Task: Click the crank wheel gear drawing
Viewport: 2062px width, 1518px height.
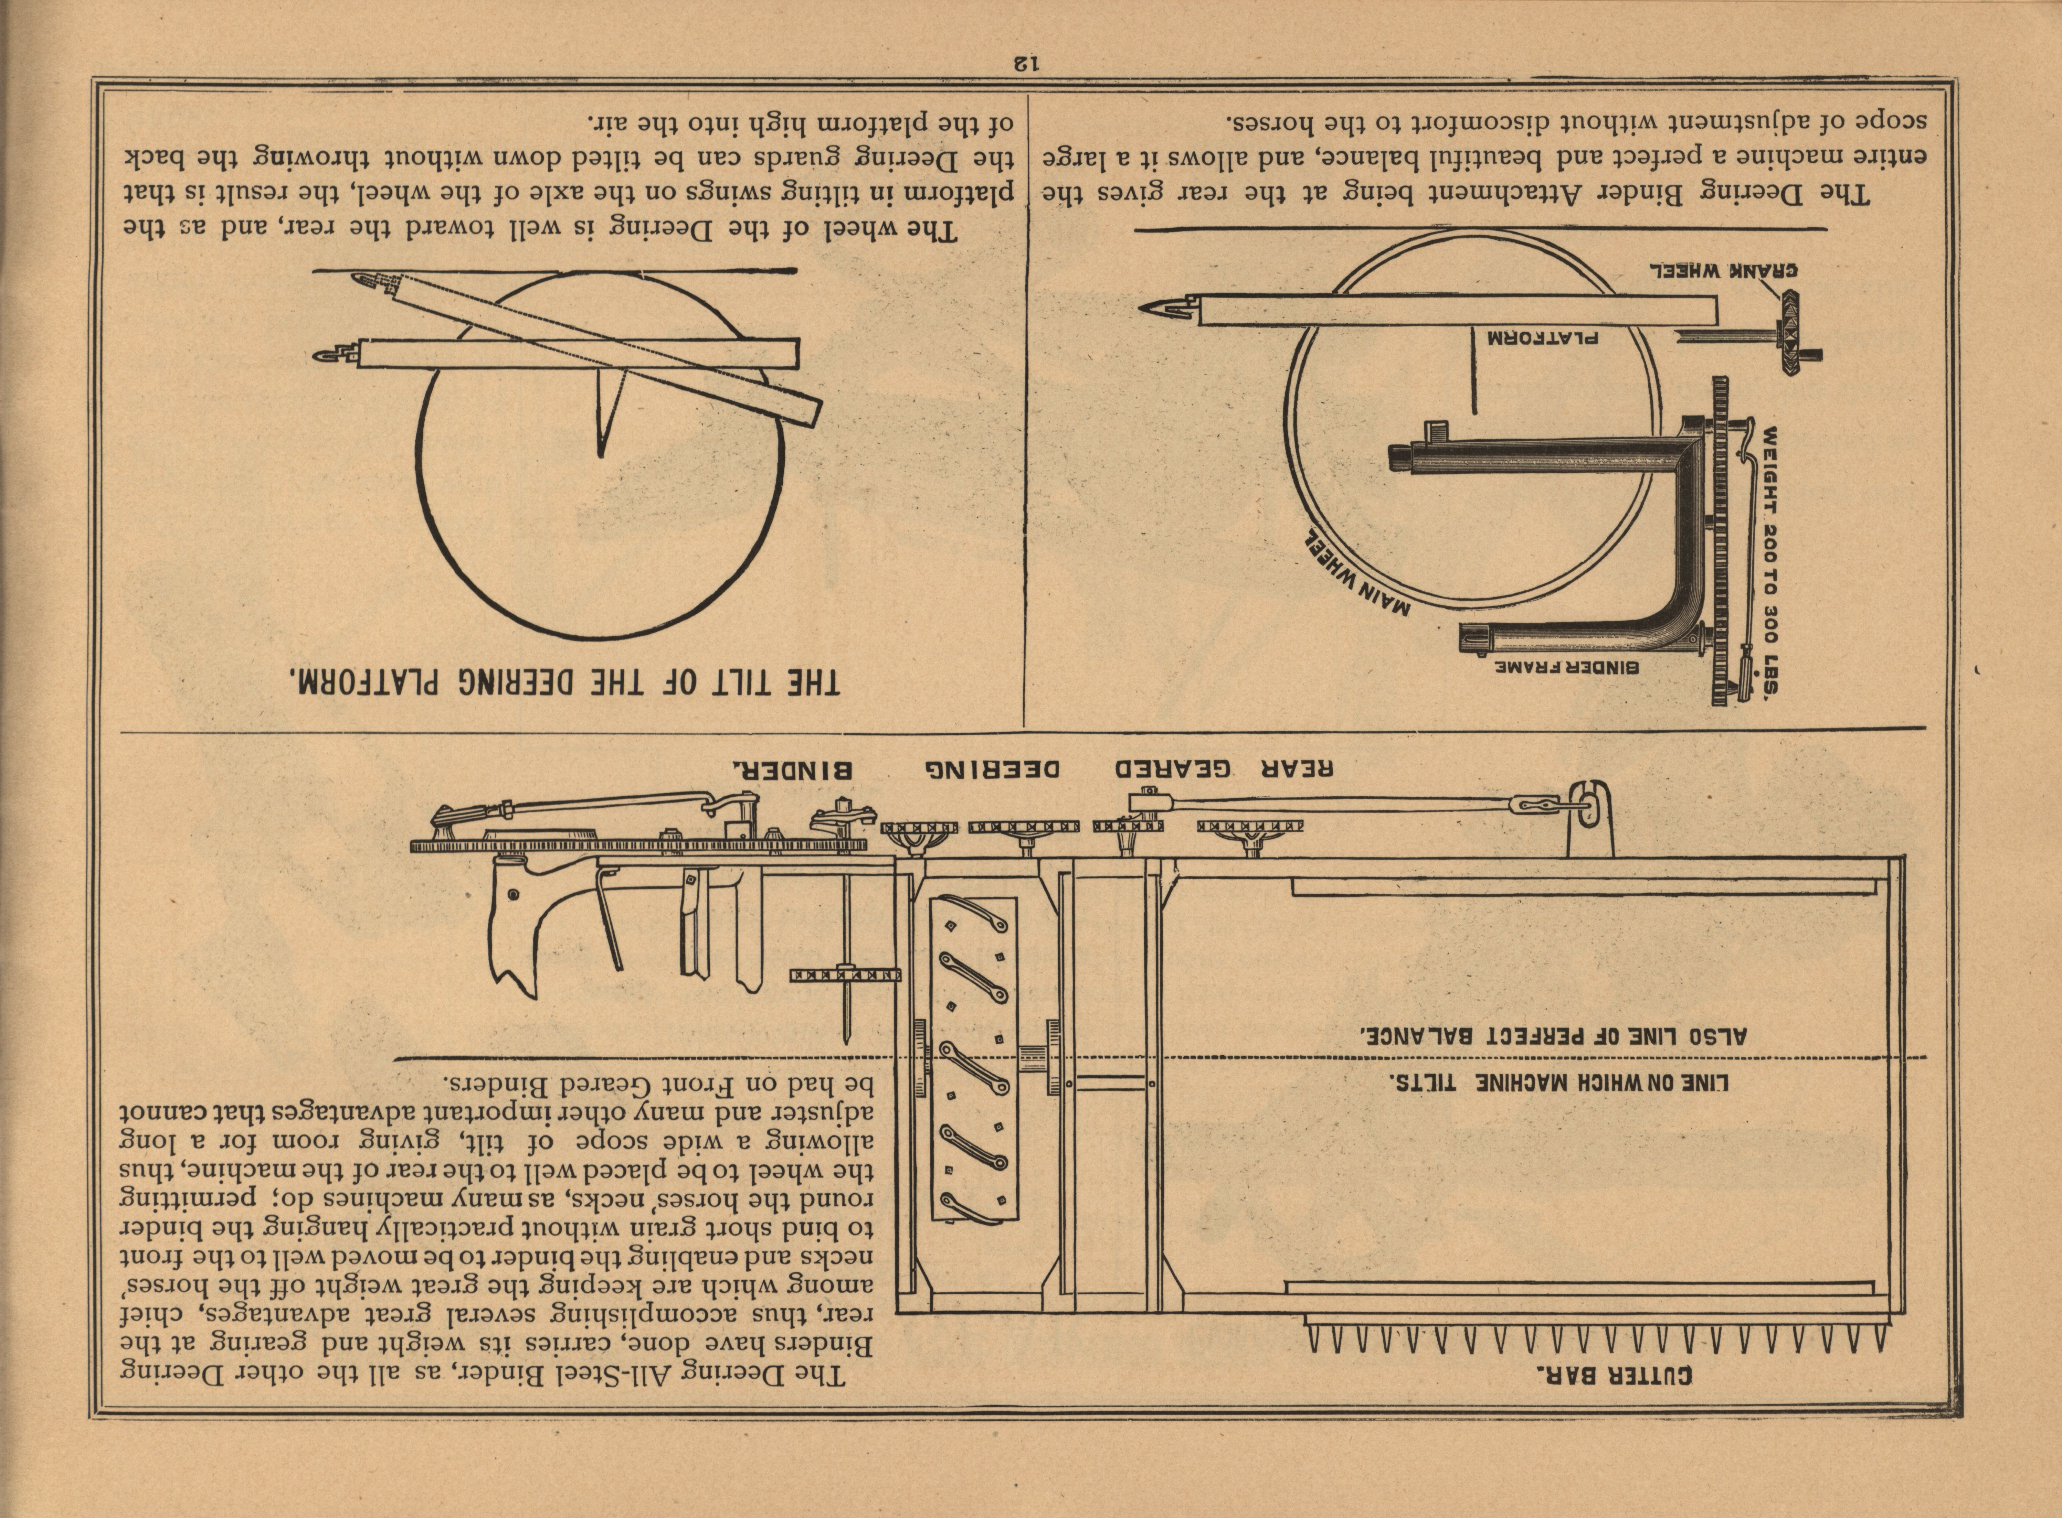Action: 1788,344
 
